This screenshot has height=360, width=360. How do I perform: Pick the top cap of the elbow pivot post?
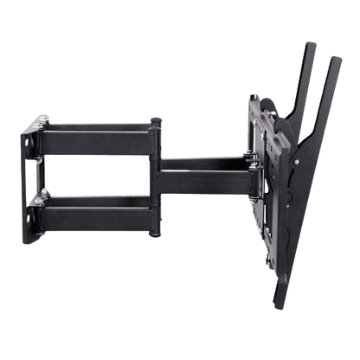pos(155,120)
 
